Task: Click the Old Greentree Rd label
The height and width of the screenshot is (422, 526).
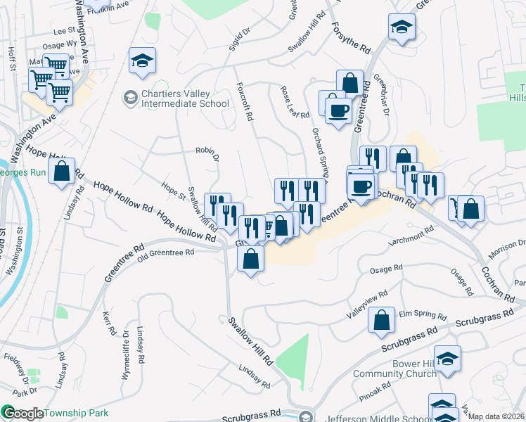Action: coord(166,255)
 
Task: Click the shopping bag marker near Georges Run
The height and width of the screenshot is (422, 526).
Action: coord(62,171)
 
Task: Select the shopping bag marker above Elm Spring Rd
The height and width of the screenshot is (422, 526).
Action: coord(380,321)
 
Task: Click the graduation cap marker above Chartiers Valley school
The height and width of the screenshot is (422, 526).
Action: coord(142,61)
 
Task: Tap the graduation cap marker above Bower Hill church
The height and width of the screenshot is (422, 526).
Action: coord(447,359)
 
